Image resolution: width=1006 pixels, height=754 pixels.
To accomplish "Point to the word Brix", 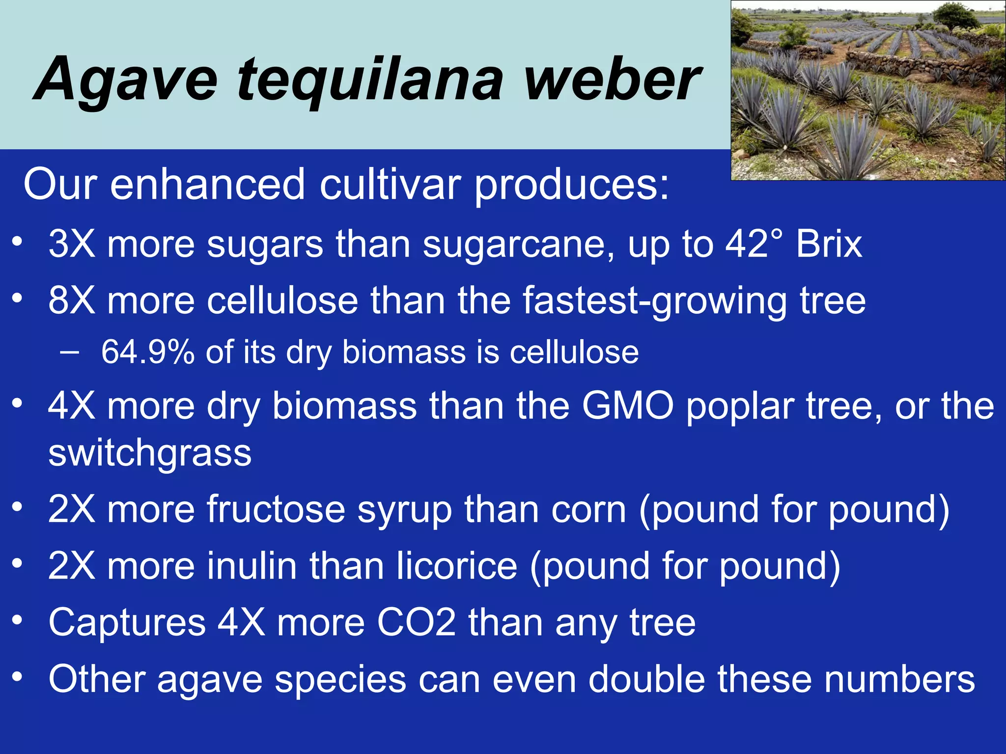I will click(x=829, y=244).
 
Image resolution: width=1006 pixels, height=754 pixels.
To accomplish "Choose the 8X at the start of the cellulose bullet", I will click(x=72, y=300).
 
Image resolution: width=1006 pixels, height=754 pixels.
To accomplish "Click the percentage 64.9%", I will click(x=147, y=352).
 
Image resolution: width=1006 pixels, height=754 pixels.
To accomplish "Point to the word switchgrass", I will click(x=150, y=454).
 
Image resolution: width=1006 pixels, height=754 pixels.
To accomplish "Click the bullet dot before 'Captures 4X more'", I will click(x=18, y=620).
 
